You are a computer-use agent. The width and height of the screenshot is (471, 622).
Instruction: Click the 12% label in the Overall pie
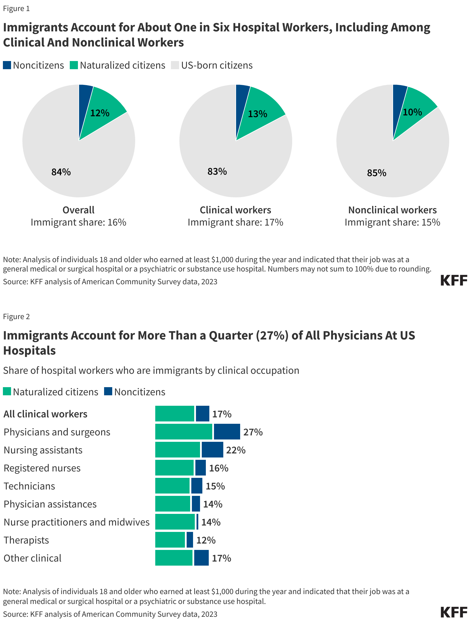coord(100,113)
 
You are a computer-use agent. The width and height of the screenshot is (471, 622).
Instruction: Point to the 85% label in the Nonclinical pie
coord(377,173)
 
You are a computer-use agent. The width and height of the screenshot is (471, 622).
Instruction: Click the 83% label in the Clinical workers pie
coord(217,171)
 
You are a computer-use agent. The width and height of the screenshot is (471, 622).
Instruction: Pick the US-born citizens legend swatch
coord(175,65)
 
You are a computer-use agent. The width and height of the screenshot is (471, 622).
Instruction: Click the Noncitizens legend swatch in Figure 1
coord(7,65)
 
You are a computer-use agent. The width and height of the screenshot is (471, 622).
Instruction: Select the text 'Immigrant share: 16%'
coord(78,222)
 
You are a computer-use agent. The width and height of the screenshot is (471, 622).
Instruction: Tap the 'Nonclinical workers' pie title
coord(392,210)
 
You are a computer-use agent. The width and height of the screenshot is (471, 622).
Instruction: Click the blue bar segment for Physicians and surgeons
coord(227,432)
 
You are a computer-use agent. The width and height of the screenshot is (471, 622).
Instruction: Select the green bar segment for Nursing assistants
coord(177,450)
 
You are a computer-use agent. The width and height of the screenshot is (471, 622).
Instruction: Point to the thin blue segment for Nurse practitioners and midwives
coord(197,522)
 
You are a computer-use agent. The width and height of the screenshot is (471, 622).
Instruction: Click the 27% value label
coord(253,432)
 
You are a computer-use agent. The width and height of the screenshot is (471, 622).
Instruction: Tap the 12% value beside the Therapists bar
coord(206,540)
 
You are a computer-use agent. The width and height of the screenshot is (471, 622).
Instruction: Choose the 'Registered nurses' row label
coord(42,468)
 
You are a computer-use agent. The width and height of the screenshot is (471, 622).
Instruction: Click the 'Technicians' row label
coord(29,486)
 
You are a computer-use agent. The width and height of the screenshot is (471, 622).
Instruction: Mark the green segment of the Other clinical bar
coord(174,558)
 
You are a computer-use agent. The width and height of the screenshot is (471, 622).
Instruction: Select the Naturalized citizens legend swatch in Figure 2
coord(7,392)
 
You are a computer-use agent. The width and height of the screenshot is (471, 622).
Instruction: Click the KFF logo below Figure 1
coord(454,280)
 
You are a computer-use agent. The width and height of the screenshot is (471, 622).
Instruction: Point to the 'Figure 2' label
coord(17,317)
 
